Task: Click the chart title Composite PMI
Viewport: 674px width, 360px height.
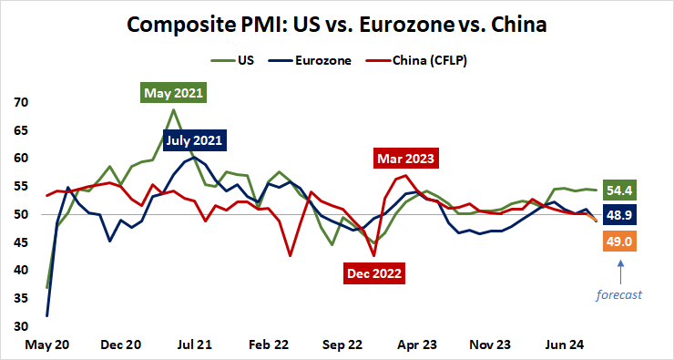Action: [x=336, y=25]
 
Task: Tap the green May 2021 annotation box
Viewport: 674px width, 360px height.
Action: [x=173, y=93]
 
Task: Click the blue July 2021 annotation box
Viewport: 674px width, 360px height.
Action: [x=194, y=140]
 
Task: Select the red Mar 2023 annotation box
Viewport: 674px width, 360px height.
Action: [x=406, y=159]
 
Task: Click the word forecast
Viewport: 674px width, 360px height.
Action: [x=619, y=294]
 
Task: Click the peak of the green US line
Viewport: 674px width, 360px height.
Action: [x=173, y=110]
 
